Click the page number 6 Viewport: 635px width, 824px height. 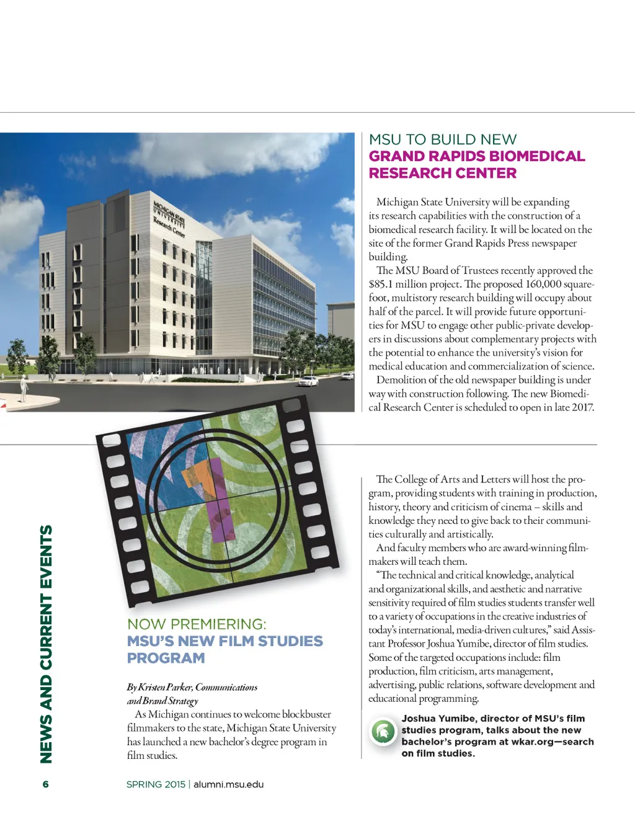(x=45, y=784)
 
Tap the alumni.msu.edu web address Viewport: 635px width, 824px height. (x=228, y=784)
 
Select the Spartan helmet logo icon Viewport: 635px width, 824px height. (x=383, y=732)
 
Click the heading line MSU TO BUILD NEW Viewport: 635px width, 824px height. (x=442, y=140)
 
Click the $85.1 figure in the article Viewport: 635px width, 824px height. (x=381, y=284)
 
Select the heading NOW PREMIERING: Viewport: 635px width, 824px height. (x=197, y=624)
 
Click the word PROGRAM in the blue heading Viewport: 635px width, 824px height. (x=166, y=658)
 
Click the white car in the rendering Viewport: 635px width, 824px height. (x=308, y=381)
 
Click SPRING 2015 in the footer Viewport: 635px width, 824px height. (x=156, y=784)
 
